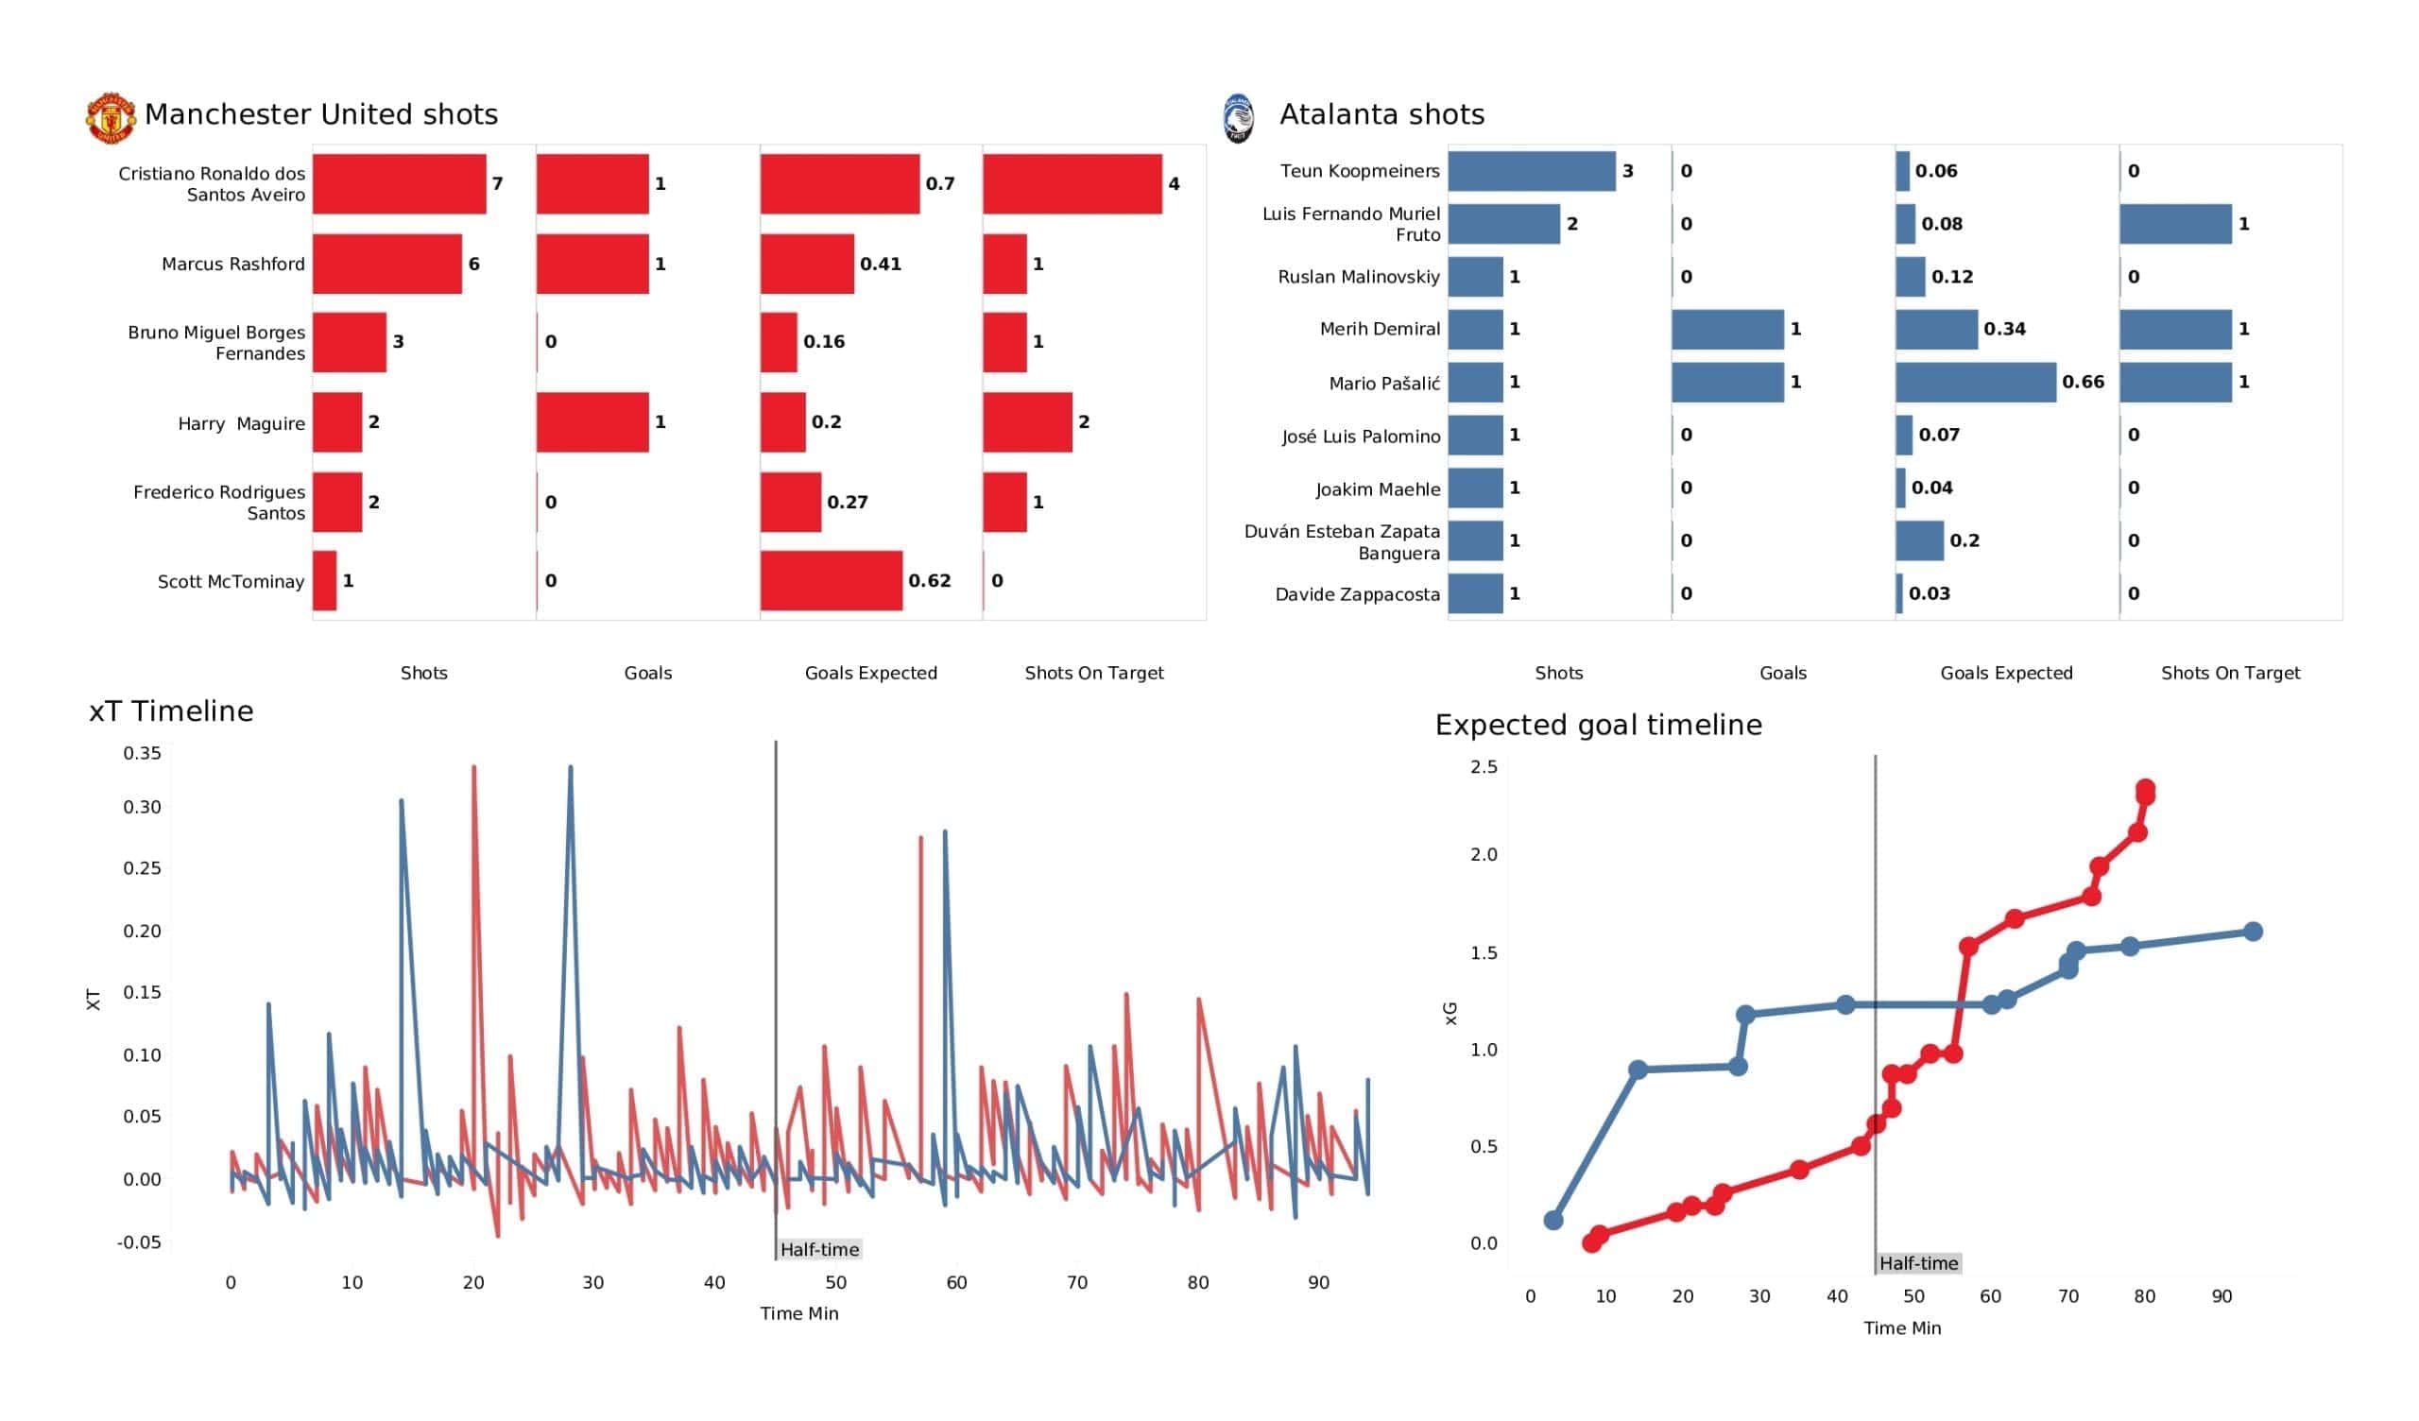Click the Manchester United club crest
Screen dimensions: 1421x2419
coord(111,118)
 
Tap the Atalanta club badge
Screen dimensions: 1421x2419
coord(1238,118)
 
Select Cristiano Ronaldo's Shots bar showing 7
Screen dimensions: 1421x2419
coord(400,183)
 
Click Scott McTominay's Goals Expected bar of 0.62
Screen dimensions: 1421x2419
coord(832,581)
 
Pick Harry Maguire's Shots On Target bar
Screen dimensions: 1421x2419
coord(1027,422)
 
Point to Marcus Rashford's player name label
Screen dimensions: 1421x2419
coord(233,264)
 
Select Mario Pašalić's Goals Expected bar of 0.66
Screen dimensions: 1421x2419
coord(1976,382)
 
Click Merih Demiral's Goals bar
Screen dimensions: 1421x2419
coord(1728,330)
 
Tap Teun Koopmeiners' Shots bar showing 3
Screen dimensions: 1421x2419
coord(1532,171)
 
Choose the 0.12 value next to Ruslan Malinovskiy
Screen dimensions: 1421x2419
coord(1951,277)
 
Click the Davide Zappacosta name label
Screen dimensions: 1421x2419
coord(1357,594)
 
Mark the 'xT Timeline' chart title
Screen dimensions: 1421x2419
coord(171,711)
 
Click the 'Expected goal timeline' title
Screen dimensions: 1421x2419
coord(1598,725)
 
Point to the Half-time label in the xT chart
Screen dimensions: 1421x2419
coord(819,1249)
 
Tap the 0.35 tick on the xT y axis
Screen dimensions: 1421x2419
coord(142,754)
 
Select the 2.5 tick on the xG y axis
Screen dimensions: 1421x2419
coord(1484,767)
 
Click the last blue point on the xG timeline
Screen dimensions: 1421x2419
coord(2253,932)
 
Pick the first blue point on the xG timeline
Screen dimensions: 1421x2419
coord(1553,1221)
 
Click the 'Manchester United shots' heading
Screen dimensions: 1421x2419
coord(321,114)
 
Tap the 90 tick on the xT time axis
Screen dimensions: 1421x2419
coord(1319,1283)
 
